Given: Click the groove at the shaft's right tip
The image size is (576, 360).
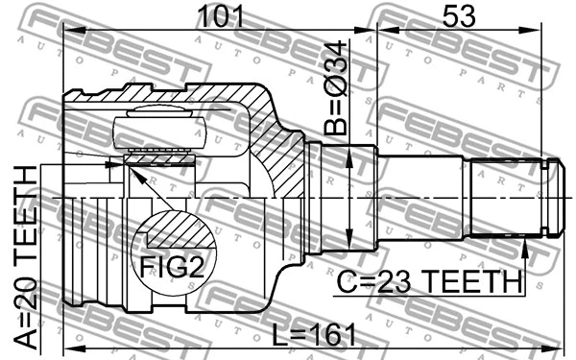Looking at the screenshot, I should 549,197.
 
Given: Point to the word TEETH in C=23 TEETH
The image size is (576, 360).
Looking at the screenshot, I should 479,281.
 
